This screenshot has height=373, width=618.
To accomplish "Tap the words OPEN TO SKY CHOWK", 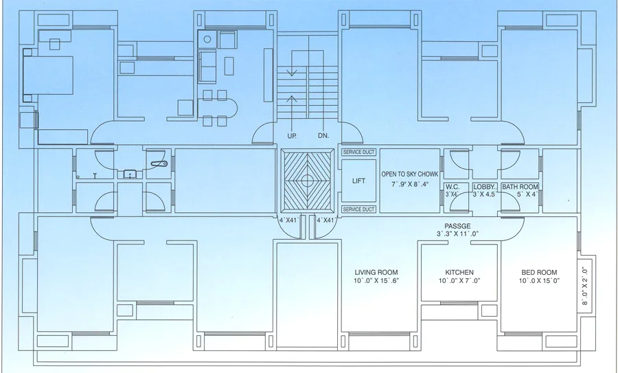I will point(410,174).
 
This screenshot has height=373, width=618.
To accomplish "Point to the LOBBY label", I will point(484,187).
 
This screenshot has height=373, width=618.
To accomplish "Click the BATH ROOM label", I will point(519,187).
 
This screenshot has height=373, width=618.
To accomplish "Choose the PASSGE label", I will point(457,226).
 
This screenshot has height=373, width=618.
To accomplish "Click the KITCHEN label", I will point(459,272).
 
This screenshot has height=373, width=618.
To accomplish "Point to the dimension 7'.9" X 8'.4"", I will point(410,184).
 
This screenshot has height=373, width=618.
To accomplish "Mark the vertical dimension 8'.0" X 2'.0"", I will point(585,286).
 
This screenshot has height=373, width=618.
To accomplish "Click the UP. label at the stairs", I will point(292,136).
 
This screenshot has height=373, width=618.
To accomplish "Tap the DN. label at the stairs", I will point(323,136).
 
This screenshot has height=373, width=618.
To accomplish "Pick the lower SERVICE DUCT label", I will point(358,209).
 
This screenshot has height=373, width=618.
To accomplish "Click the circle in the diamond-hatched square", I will point(307,180).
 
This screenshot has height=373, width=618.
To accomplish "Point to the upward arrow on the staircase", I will point(293,103).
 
